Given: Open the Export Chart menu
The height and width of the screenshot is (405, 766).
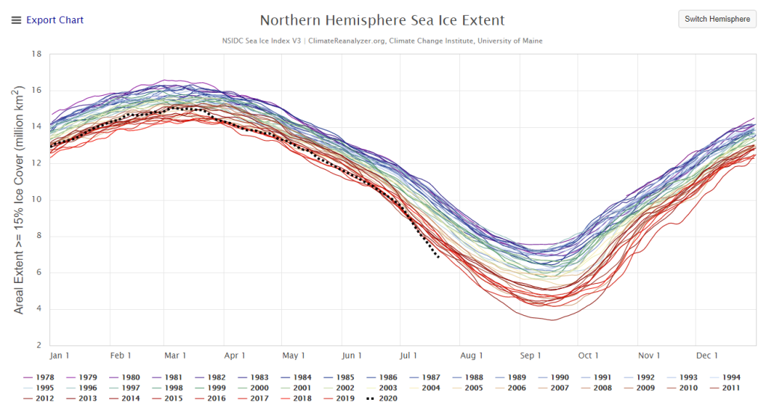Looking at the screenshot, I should [x=47, y=20].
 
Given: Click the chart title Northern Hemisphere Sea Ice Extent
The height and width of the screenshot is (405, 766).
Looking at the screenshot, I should [x=382, y=20].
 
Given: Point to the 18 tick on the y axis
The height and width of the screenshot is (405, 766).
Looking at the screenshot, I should [x=35, y=54].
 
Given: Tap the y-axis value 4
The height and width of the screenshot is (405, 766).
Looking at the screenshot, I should [x=37, y=309].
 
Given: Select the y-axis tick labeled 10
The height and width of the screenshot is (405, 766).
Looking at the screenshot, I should [x=35, y=200].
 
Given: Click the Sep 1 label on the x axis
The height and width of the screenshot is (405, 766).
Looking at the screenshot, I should [x=530, y=356].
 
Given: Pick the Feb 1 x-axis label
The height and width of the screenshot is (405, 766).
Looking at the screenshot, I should [x=120, y=356].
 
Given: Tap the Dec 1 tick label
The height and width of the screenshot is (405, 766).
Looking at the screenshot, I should [x=707, y=356].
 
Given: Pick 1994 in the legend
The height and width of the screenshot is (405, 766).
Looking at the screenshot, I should [x=728, y=377].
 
